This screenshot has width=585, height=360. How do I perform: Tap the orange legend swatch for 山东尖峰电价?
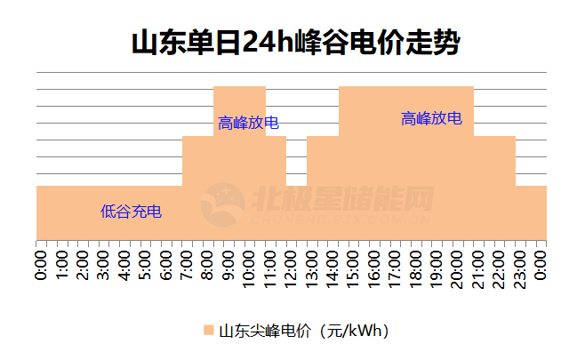tap(208, 331)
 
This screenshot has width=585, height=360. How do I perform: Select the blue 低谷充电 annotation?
tap(131, 212)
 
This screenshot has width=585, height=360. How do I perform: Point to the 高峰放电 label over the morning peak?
tap(249, 124)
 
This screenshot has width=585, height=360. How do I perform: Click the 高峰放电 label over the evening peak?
tap(431, 118)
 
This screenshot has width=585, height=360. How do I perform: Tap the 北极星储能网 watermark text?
tap(343, 198)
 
